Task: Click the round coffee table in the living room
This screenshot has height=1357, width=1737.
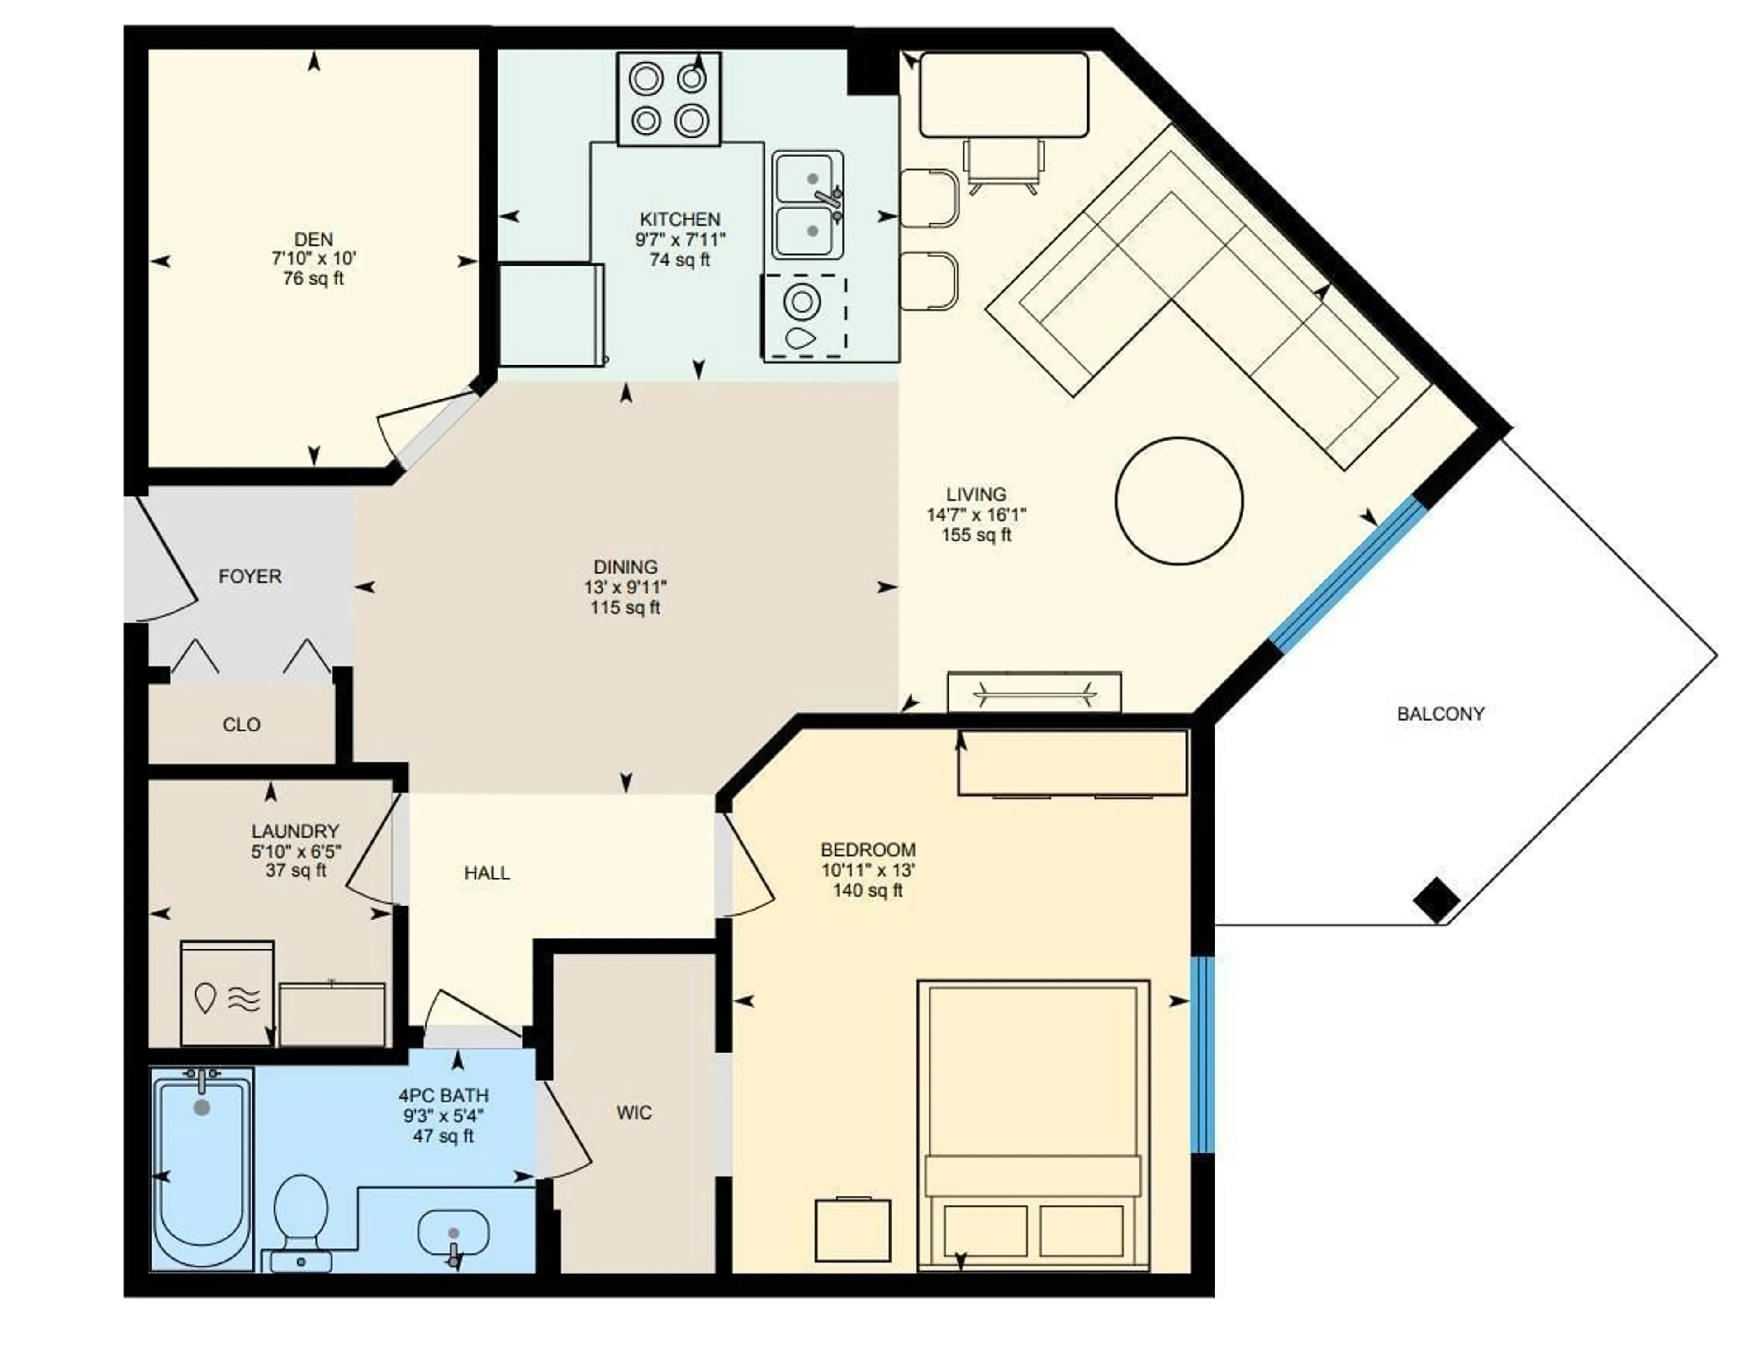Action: point(1179,501)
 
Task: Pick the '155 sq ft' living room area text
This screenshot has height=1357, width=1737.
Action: point(976,535)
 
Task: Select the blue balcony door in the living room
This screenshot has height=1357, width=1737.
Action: point(1347,574)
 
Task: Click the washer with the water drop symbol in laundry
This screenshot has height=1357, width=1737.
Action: point(228,993)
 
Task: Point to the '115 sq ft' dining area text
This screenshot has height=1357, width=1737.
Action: point(625,607)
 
